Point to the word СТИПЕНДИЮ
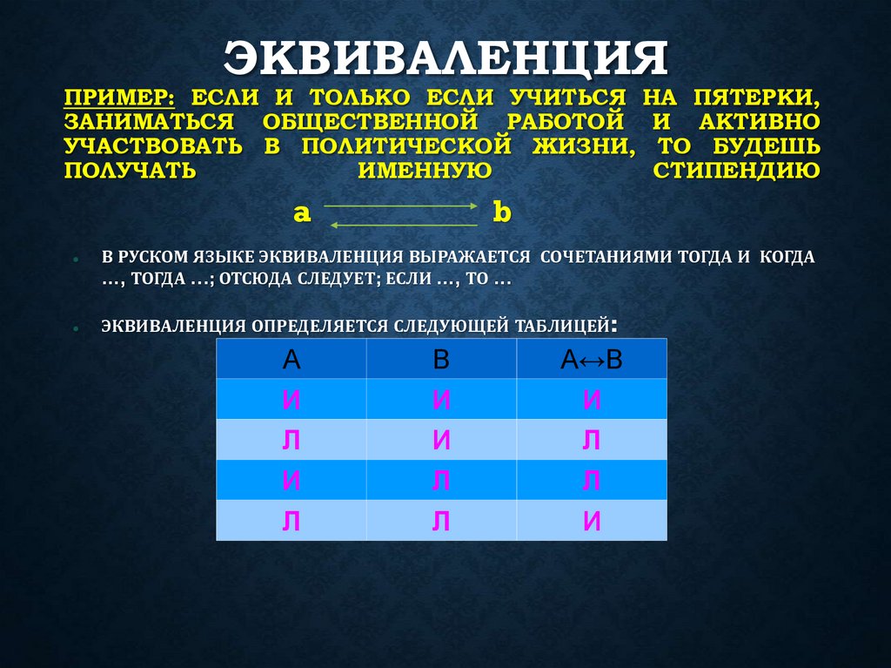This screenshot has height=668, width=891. click(736, 169)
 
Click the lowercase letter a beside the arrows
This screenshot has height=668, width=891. click(302, 213)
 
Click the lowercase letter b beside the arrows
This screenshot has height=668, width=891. click(501, 213)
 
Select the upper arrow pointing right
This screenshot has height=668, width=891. click(402, 206)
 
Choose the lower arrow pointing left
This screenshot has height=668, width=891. click(402, 225)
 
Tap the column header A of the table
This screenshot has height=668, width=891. click(291, 360)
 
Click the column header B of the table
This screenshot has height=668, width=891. click(441, 360)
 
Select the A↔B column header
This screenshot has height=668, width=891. click(592, 360)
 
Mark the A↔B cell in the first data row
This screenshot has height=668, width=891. click(592, 400)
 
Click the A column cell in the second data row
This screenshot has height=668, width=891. click(291, 440)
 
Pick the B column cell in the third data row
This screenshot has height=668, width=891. click(441, 480)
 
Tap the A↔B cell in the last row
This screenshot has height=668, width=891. click(592, 520)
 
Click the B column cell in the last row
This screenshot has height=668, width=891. click(441, 520)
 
